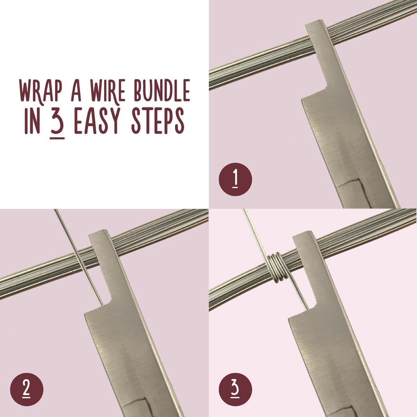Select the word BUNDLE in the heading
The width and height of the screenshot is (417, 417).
tap(162, 91)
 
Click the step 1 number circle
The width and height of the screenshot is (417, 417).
tap(236, 179)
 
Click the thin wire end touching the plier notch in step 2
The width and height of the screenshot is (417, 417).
tap(101, 305)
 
